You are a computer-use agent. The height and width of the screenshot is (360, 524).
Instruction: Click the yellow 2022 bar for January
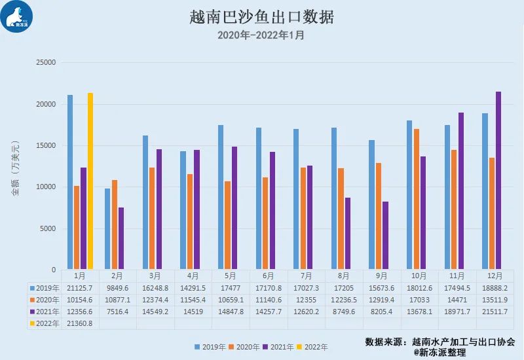[90, 181]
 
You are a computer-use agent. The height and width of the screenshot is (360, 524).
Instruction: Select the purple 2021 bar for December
[498, 181]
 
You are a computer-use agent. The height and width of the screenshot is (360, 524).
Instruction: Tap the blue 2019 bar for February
[107, 229]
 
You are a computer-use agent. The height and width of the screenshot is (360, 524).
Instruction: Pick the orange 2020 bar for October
[417, 199]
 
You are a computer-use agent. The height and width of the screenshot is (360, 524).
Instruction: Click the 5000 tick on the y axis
[49, 228]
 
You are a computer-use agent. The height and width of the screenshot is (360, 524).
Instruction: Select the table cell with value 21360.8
[80, 323]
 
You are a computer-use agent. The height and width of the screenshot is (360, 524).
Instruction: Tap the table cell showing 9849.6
[118, 287]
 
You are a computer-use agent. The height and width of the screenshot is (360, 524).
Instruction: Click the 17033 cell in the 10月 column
[419, 299]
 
